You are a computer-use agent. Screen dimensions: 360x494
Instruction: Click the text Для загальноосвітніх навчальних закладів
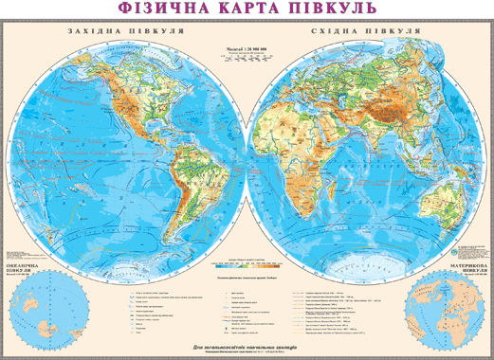(247, 346)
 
